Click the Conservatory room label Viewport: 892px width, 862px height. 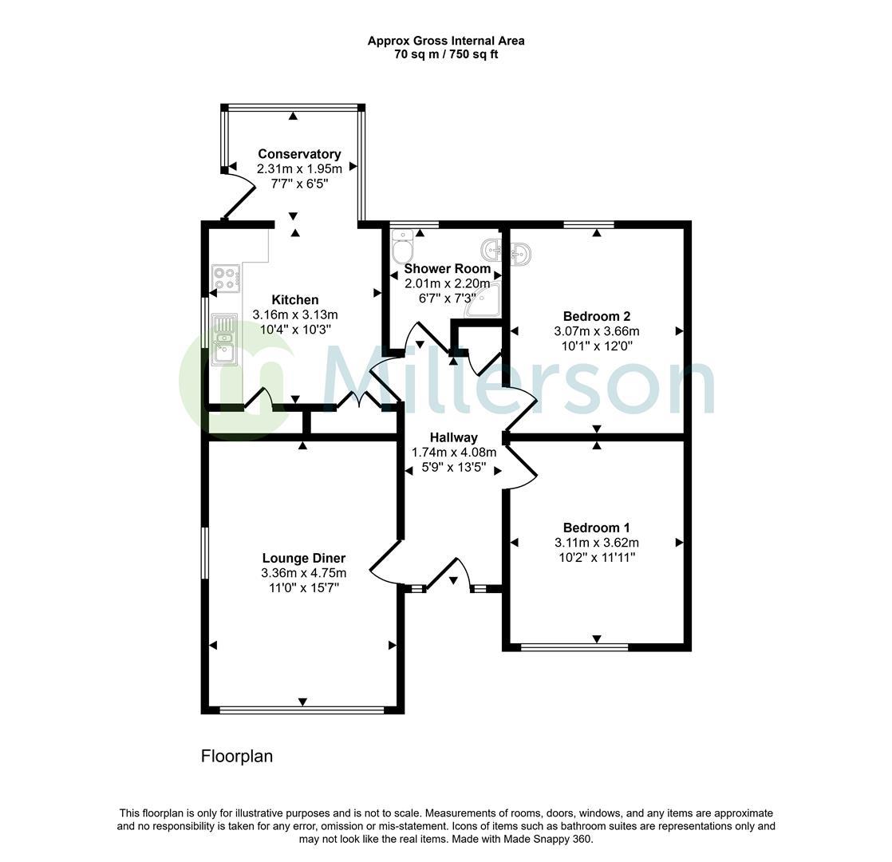click(299, 154)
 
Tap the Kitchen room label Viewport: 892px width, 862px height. click(295, 300)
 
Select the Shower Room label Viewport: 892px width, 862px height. click(447, 269)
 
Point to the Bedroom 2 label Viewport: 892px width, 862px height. click(597, 316)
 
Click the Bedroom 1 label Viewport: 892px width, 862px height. click(597, 528)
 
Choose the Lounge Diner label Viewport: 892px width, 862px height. click(304, 559)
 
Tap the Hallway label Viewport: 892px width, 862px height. click(454, 437)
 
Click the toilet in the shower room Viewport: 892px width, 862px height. click(401, 242)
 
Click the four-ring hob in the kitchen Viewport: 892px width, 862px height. click(227, 279)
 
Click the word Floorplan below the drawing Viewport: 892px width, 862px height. click(237, 756)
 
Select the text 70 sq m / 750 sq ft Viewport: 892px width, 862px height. click(446, 54)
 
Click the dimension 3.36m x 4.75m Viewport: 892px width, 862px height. click(304, 573)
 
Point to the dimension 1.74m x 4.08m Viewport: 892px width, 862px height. click(454, 452)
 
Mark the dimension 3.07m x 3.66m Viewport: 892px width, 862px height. click(597, 330)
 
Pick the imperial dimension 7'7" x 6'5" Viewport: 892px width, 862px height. click(299, 184)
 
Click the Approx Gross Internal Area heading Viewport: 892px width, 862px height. click(446, 41)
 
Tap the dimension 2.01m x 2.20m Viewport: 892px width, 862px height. click(447, 283)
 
